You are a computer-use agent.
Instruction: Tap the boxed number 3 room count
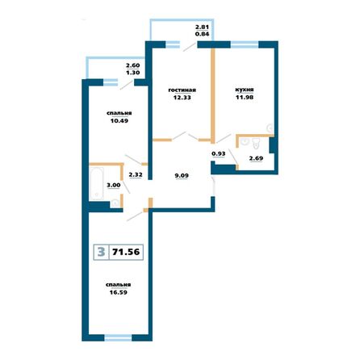99,253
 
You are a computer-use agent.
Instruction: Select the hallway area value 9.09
182,172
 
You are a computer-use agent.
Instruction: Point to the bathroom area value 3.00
115,185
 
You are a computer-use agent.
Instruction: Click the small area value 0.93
218,153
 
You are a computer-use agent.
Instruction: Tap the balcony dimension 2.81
202,28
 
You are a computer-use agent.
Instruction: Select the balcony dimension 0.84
202,36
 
